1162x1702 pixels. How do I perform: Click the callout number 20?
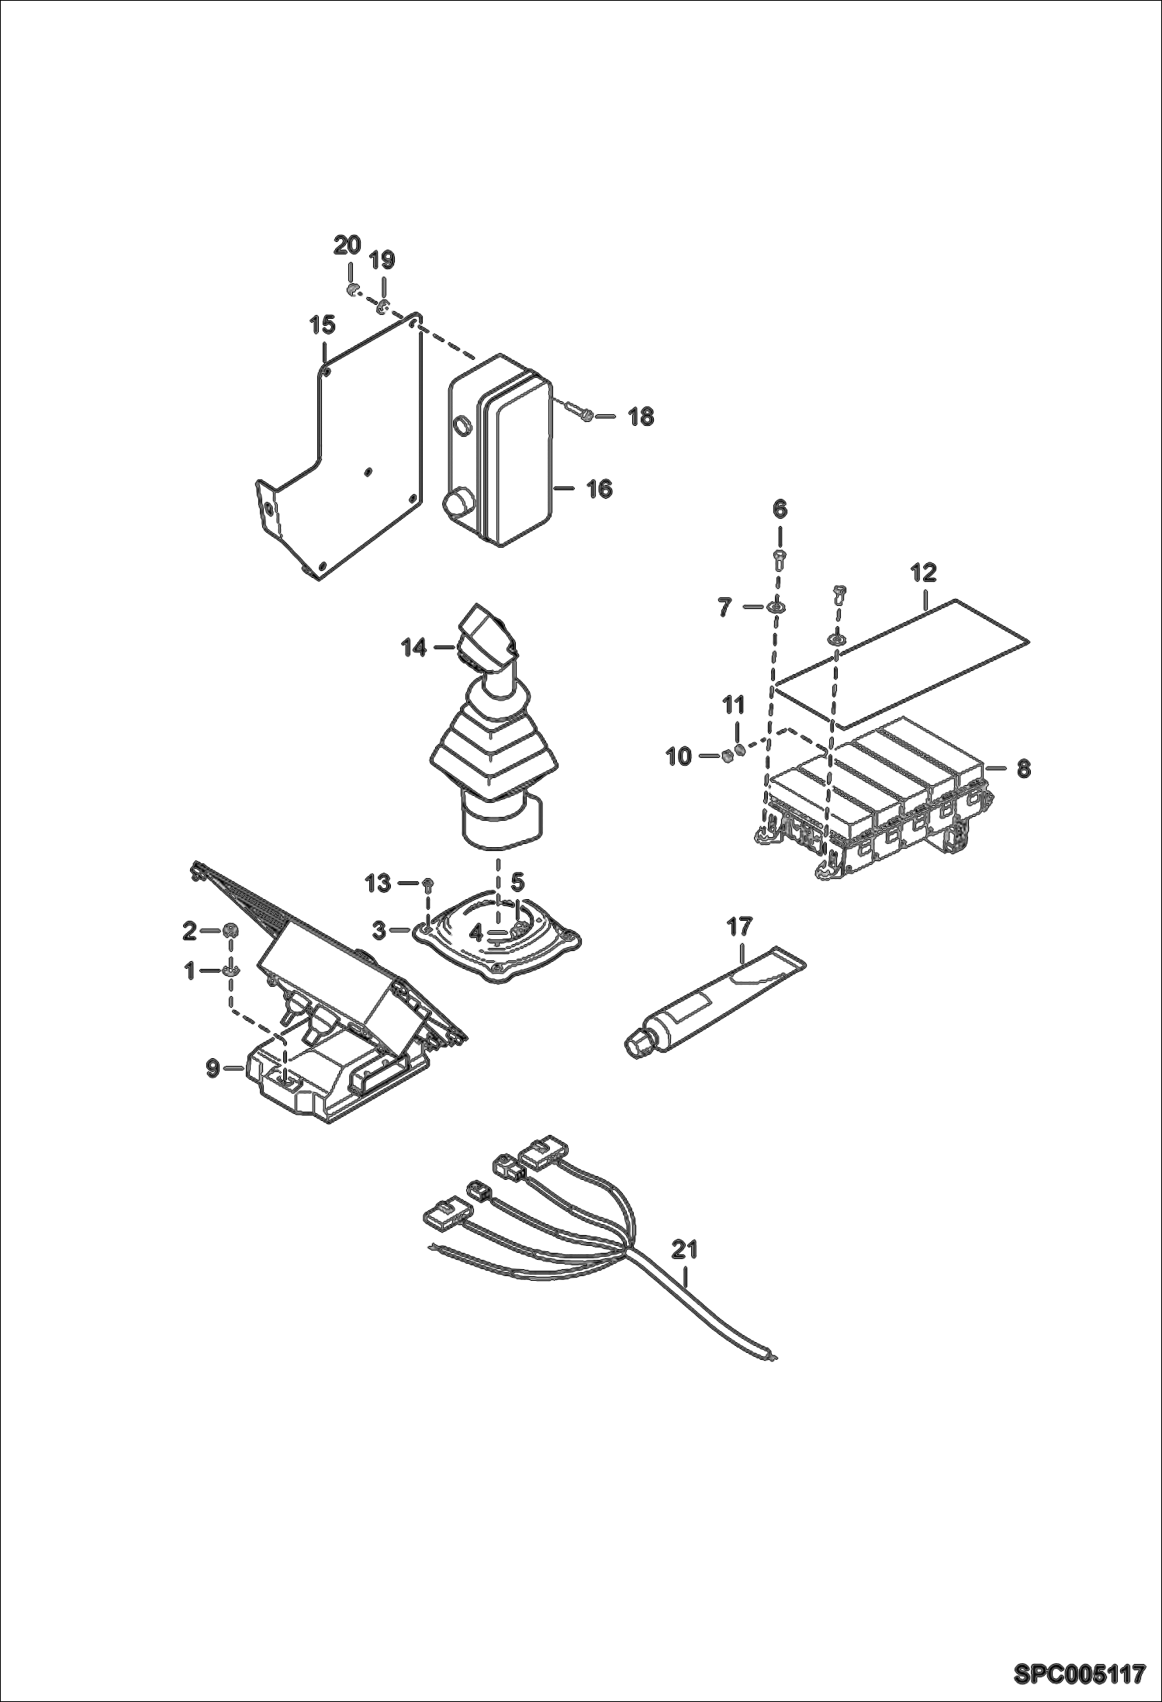click(x=347, y=245)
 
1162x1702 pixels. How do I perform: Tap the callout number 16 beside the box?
click(x=599, y=489)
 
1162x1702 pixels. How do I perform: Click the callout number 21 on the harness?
click(x=684, y=1250)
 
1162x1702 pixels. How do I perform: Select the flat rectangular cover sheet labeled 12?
click(x=900, y=664)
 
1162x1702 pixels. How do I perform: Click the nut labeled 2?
click(x=230, y=930)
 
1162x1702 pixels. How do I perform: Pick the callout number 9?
click(x=213, y=1069)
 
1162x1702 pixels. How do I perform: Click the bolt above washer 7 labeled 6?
click(x=780, y=557)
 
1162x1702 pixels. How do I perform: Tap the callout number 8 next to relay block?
click(x=1023, y=769)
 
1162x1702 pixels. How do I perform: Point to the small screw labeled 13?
click(x=428, y=884)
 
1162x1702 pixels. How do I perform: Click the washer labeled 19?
click(x=382, y=309)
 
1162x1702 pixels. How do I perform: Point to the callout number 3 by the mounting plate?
click(x=379, y=931)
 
